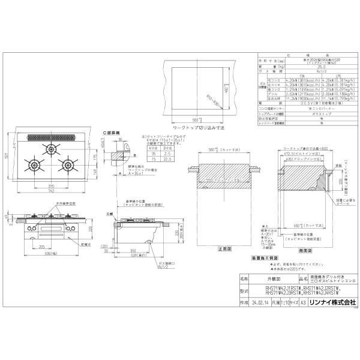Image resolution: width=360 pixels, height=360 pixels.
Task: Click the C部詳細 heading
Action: pos(112,130)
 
